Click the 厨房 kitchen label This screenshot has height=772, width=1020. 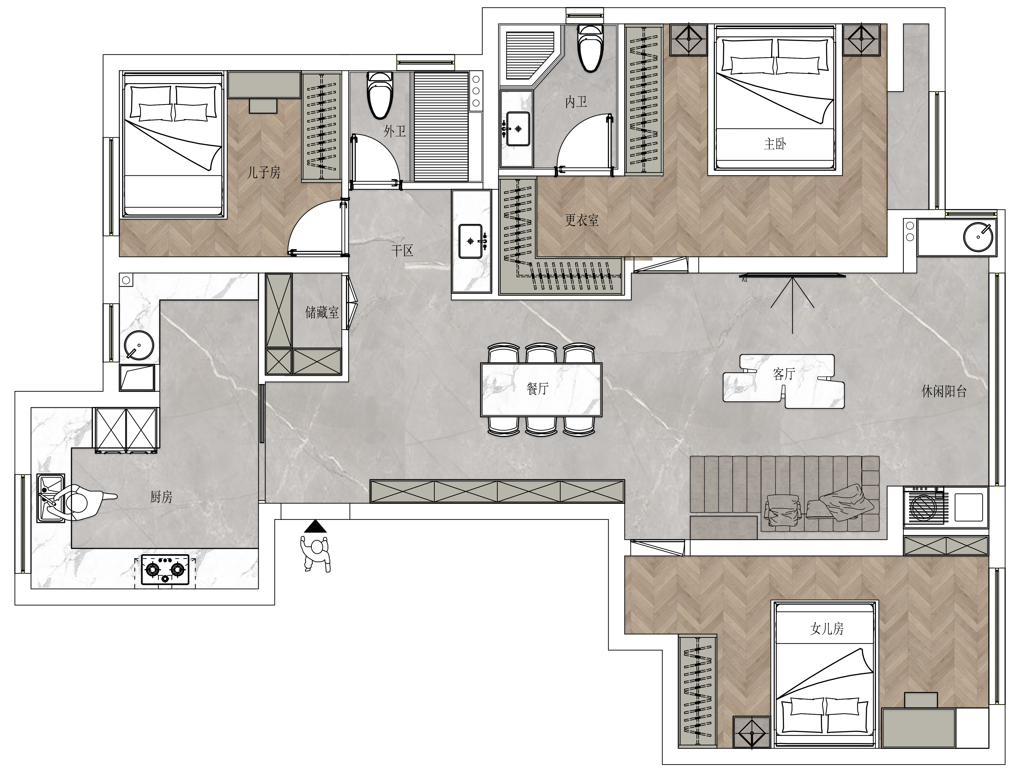pyautogui.click(x=161, y=497)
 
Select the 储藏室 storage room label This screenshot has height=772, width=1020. pyautogui.click(x=322, y=313)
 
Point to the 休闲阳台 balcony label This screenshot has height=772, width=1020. pyautogui.click(x=944, y=391)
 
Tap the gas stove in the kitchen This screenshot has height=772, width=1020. pyautogui.click(x=165, y=571)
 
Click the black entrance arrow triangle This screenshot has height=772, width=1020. pyautogui.click(x=315, y=526)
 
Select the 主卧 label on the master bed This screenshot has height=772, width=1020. pyautogui.click(x=775, y=144)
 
